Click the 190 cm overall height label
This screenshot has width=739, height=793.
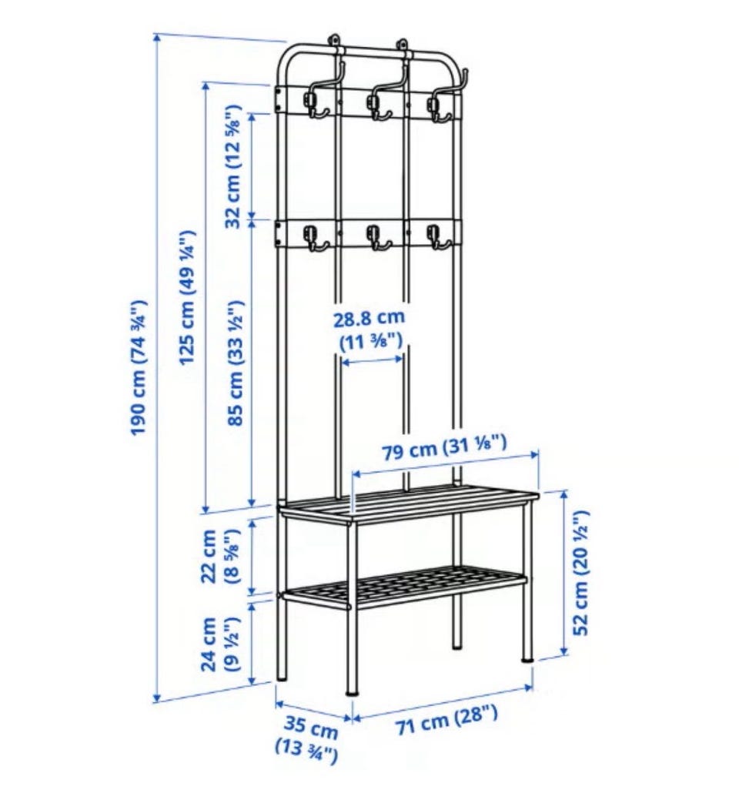tap(138, 367)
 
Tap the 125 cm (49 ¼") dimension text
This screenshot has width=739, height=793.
tap(187, 297)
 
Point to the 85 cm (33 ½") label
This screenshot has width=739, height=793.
tap(236, 363)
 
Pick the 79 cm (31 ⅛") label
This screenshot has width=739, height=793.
tap(443, 445)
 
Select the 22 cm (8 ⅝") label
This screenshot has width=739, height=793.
tap(218, 557)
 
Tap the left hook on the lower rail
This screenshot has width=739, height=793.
tap(314, 239)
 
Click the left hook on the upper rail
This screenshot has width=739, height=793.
tap(314, 106)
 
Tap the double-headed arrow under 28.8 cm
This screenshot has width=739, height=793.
tap(373, 360)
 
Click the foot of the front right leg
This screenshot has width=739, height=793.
tap(527, 657)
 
